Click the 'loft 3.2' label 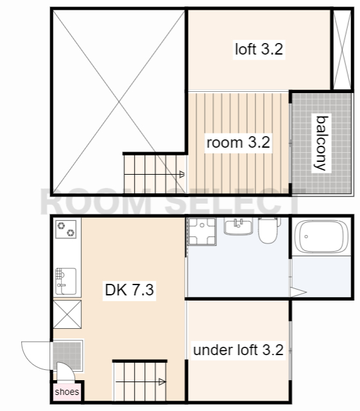pos(259,49)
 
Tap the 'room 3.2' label pos(238,143)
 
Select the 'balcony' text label pos(321,143)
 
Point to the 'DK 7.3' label pos(129,290)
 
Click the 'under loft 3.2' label pos(238,350)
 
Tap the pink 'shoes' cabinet pos(67,392)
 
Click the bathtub pos(321,237)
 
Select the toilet pos(268,230)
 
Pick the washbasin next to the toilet pos(238,227)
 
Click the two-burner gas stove pos(65,229)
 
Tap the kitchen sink pos(65,281)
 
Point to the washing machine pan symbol pos(202,232)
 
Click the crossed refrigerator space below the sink pos(67,314)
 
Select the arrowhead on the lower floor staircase pos(162,382)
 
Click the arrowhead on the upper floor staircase pos(182,174)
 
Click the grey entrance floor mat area pos(68,355)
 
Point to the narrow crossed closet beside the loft pos(342,50)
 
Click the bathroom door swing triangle pos(298,292)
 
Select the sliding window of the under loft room pos(290,350)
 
